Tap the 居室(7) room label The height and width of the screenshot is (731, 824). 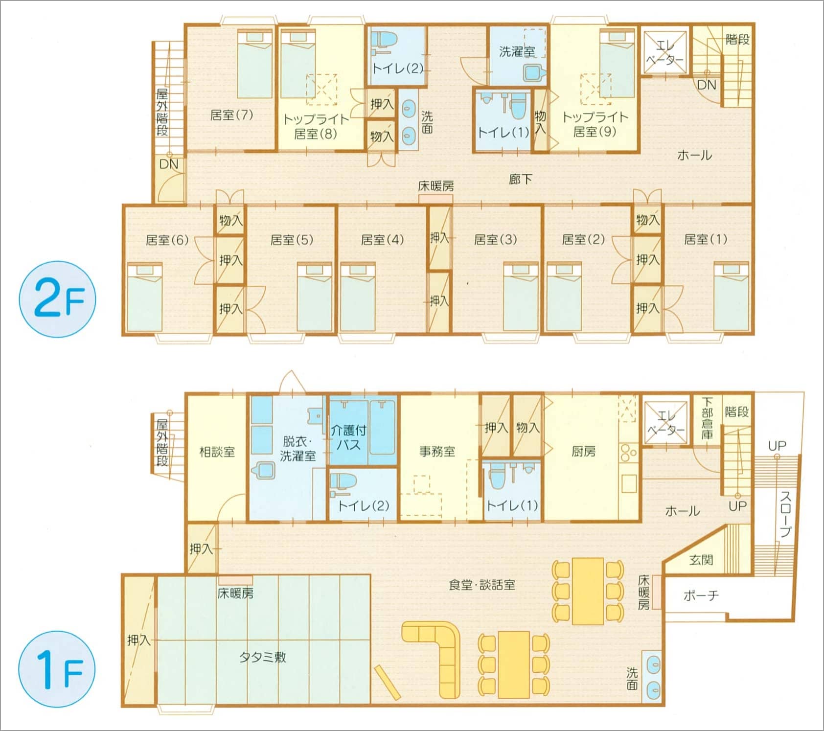click(x=231, y=115)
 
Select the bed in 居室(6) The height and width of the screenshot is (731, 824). click(x=144, y=297)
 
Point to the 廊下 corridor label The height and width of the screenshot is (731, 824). click(x=520, y=179)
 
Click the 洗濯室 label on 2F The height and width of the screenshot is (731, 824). click(x=517, y=51)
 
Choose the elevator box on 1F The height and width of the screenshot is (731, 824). click(x=665, y=423)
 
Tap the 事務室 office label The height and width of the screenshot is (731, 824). click(x=437, y=452)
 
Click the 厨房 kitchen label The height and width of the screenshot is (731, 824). click(x=583, y=451)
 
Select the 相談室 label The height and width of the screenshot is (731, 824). click(x=217, y=452)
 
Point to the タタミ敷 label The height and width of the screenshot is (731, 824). click(x=263, y=657)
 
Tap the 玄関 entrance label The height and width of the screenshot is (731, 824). click(x=701, y=559)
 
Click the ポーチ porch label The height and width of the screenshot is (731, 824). click(x=701, y=595)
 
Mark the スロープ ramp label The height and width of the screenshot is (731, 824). click(x=785, y=514)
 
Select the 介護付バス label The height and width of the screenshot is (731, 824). click(x=348, y=437)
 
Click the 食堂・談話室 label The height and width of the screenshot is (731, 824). click(x=482, y=585)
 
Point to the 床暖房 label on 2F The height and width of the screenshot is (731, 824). click(x=435, y=186)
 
